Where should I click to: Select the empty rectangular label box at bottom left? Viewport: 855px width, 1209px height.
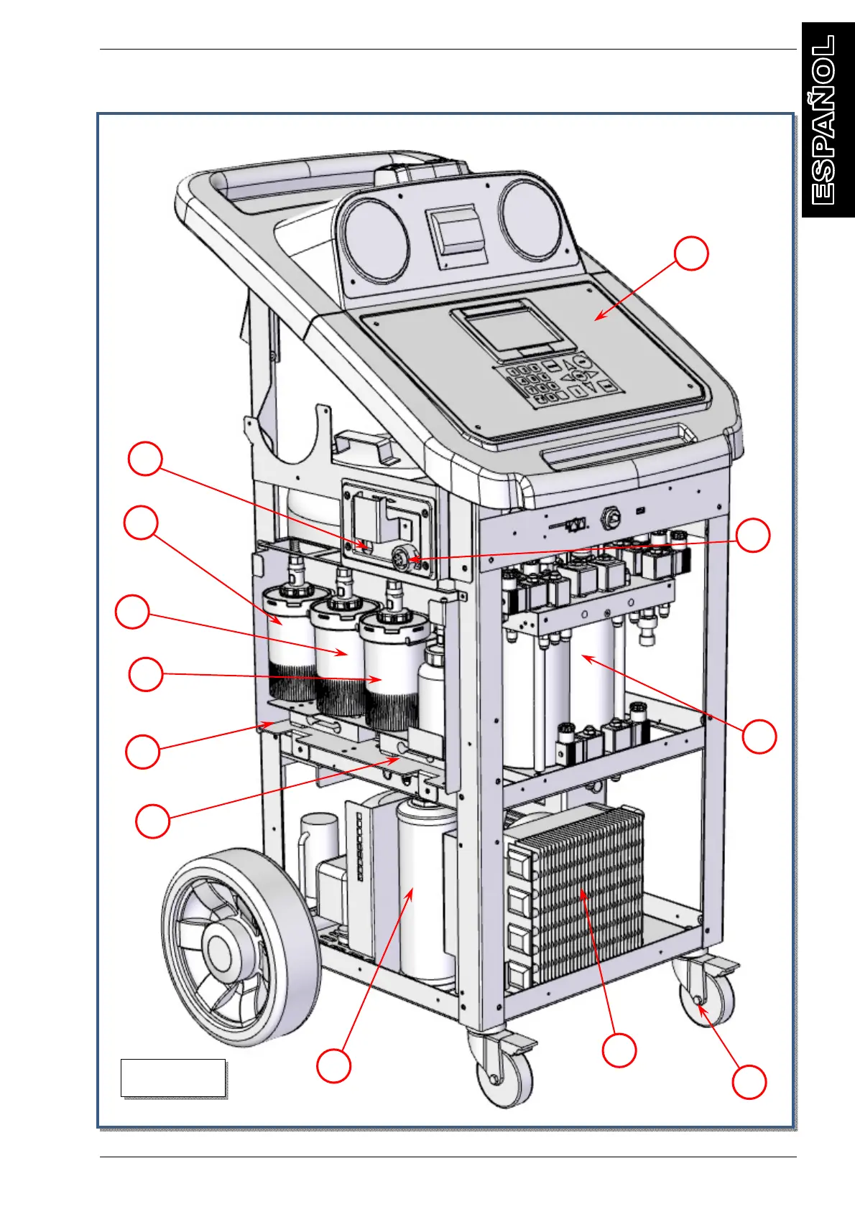[x=173, y=1077]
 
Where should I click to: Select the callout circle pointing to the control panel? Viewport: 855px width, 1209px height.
[x=691, y=253]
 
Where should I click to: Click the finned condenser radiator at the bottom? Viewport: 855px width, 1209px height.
[x=578, y=894]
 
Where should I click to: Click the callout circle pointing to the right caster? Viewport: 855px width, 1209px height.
[x=749, y=1081]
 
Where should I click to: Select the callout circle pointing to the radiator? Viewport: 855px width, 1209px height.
[x=619, y=1050]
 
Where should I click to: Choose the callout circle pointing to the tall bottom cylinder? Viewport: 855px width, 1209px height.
[x=334, y=1065]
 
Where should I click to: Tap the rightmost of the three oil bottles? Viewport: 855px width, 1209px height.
[x=392, y=668]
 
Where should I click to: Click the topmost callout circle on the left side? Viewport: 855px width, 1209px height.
[x=145, y=459]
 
